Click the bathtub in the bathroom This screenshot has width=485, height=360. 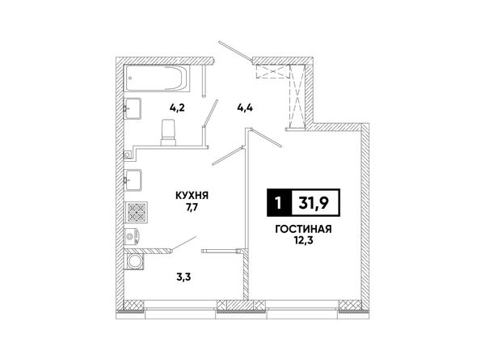click(x=157, y=78)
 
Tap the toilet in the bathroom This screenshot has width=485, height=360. click(x=169, y=133)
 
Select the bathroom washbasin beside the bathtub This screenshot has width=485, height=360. click(x=133, y=108)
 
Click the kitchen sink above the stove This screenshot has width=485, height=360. click(x=133, y=180)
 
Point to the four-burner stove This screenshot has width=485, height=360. click(x=137, y=212)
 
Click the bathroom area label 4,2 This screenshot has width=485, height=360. click(x=177, y=108)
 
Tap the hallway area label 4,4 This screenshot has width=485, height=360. click(x=245, y=108)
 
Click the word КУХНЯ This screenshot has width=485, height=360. click(x=192, y=195)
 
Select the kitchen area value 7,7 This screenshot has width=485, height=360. click(x=192, y=207)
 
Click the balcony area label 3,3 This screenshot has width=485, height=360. click(x=183, y=277)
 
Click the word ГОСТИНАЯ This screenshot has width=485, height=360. click(x=303, y=229)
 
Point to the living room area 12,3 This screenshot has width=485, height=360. click(x=303, y=240)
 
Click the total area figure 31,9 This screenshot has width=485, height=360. click(x=314, y=203)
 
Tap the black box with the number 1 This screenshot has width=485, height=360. click(x=279, y=202)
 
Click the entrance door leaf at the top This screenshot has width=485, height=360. click(x=236, y=50)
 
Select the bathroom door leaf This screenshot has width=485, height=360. click(x=210, y=112)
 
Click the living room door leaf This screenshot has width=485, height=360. click(x=267, y=138)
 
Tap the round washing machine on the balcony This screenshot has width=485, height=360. click(x=134, y=262)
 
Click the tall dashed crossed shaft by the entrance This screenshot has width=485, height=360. click(x=297, y=96)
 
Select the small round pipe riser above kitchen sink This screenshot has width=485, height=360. click(x=127, y=154)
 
